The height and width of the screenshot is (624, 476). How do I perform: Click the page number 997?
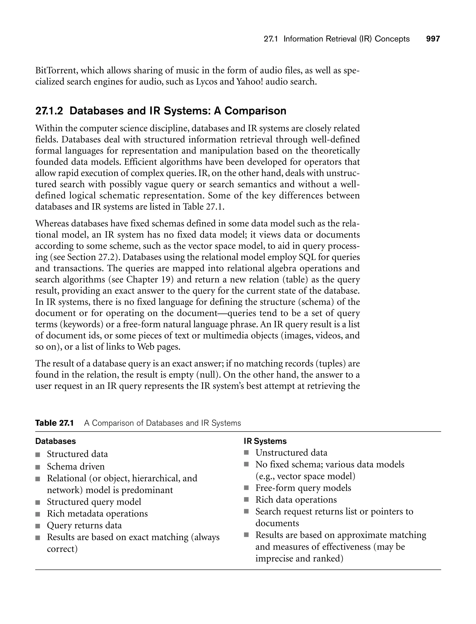(433, 39)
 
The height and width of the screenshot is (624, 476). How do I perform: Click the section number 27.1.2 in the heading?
(49, 111)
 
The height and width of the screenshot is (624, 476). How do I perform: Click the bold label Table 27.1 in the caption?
(54, 423)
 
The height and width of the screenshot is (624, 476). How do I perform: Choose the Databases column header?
(56, 441)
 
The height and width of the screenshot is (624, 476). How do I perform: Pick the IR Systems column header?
(265, 441)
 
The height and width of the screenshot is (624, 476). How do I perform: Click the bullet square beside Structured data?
(38, 455)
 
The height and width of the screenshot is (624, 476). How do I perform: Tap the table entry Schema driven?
(76, 466)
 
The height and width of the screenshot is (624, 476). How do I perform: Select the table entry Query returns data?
(84, 525)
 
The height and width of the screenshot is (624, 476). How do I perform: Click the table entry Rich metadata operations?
(97, 514)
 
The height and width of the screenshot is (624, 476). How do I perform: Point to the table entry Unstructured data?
(291, 453)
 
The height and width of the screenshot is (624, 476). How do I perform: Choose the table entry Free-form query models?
(303, 488)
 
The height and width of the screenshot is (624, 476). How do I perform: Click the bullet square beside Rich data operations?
(246, 499)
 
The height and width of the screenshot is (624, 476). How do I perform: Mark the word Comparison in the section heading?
(255, 111)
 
